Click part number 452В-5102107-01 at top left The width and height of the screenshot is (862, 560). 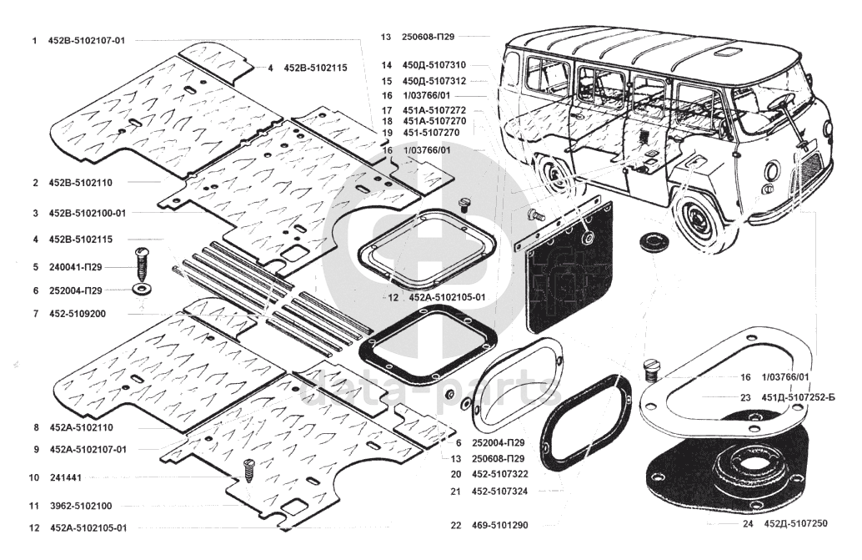coord(87,40)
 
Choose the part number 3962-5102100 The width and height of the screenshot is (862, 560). coord(81,506)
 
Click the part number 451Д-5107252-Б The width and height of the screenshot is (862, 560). coord(798,397)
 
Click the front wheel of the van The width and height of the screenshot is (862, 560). coord(699,215)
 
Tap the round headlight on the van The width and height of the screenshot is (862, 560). coord(771,177)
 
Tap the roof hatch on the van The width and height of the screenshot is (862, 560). coord(727,53)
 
